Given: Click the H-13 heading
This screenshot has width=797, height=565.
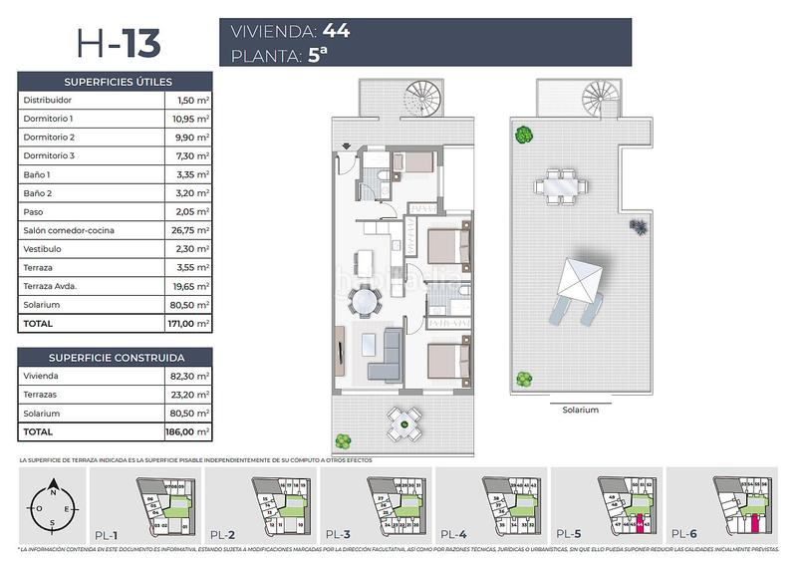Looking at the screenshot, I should [119, 43].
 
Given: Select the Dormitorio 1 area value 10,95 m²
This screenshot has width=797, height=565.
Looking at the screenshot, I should [188, 119].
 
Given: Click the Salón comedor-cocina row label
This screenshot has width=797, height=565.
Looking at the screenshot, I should [68, 230].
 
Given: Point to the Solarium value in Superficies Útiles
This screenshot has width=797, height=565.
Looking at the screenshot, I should [188, 305].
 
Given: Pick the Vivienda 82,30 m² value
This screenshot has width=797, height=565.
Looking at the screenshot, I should [188, 377].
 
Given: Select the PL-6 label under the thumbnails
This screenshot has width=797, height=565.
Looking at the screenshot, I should [684, 533].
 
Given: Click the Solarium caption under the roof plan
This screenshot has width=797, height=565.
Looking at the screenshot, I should [581, 410].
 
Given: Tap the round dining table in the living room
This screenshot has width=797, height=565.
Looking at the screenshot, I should [367, 299].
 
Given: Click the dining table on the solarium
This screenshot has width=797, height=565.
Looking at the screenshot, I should [557, 185].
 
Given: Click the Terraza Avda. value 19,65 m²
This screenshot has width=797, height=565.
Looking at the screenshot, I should [188, 286].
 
